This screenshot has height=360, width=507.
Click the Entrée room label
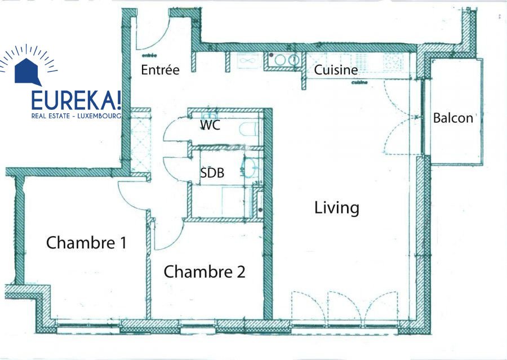click(x=160, y=70)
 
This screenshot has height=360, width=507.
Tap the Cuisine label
click(x=336, y=70)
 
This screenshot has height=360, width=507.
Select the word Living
click(x=336, y=208)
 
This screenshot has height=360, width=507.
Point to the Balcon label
click(x=453, y=118)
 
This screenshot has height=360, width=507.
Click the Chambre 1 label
click(x=86, y=243)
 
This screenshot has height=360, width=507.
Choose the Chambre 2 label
click(x=204, y=272)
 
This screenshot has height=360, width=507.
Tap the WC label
click(x=210, y=125)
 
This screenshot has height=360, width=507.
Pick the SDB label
click(x=212, y=173)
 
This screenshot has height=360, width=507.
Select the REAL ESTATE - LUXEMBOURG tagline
click(x=75, y=116)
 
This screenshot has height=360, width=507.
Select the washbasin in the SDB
click(x=250, y=168)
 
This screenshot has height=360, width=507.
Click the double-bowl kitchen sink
click(x=285, y=60)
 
